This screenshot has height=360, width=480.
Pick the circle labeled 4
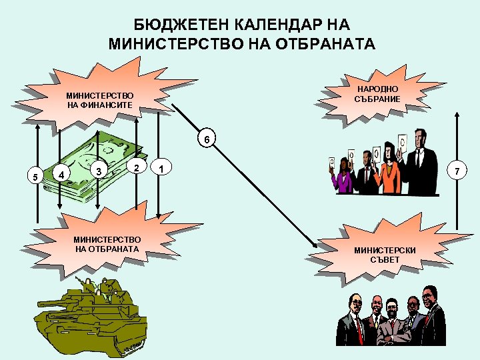[61, 175]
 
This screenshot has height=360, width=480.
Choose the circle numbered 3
[99, 171]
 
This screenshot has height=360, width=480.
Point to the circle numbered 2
[136, 165]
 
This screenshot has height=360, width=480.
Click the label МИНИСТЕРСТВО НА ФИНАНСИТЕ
[100, 101]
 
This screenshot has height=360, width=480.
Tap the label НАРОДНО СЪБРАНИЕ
[378, 94]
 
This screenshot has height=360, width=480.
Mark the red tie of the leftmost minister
[357, 327]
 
